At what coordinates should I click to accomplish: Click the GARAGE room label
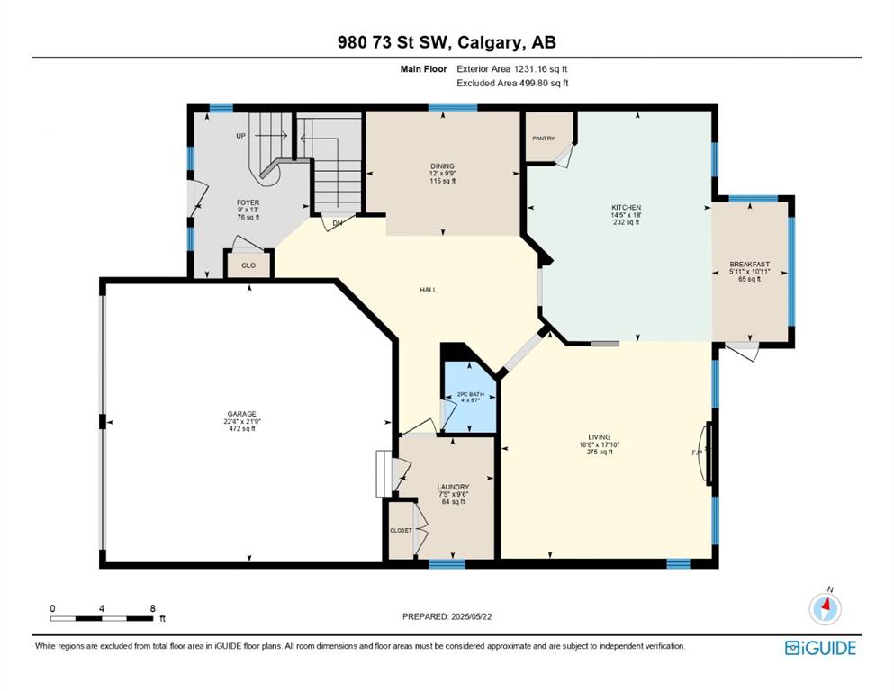coord(242,414)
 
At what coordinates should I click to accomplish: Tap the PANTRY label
coord(544,139)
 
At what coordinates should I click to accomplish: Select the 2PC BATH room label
coord(470,394)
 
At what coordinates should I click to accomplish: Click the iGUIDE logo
coord(820,648)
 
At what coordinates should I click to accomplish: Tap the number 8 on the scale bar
coord(152,608)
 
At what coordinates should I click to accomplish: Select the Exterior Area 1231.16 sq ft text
coord(512,69)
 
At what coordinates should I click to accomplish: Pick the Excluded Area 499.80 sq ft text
coord(512,83)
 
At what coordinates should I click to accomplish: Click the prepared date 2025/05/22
coord(472,616)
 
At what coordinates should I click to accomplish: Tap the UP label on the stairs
coord(241,136)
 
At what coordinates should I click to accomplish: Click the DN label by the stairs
coord(337,223)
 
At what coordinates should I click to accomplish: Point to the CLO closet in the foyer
coord(248,265)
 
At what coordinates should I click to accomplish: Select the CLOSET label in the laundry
coord(401,530)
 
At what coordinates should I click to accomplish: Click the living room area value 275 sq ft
coord(600,452)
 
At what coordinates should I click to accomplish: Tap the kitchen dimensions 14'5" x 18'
coord(626,215)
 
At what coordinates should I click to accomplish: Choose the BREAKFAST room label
coord(750,265)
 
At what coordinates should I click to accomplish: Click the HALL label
coord(429,290)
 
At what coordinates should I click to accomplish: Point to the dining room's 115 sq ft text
coord(442,181)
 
